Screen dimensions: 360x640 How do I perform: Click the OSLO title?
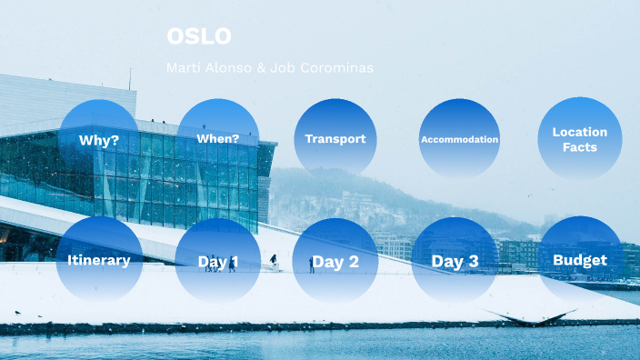[199, 36]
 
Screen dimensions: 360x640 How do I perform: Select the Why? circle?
[99, 140]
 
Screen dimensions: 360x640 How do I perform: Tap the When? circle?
[217, 139]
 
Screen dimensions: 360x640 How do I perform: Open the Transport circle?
[335, 139]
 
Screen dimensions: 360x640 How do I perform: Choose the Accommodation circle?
[459, 139]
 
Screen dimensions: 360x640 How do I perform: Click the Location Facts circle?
[579, 139]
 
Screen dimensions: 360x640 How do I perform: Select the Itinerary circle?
[99, 260]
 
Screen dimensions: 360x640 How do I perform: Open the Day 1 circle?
[217, 262]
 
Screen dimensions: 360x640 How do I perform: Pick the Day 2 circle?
[335, 262]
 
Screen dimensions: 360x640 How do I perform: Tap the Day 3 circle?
[454, 262]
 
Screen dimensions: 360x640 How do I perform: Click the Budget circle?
[579, 260]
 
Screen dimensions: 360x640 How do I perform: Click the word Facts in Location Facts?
[579, 147]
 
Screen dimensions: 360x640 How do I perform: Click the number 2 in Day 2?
[353, 263]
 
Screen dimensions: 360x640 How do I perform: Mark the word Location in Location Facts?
[579, 132]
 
